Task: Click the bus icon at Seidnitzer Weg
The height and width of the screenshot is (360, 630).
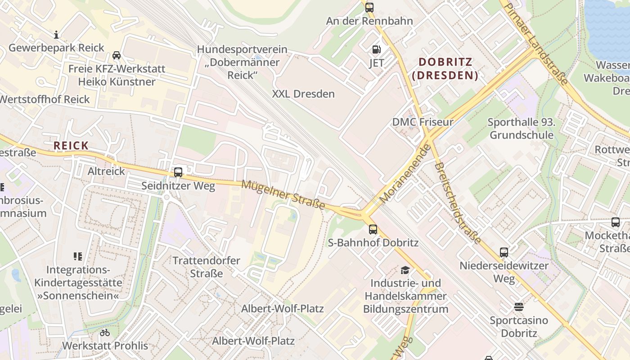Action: pyautogui.click(x=178, y=172)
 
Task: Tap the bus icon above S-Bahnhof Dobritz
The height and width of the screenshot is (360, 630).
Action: pyautogui.click(x=373, y=229)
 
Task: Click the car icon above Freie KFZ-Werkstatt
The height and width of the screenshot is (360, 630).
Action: pyautogui.click(x=117, y=55)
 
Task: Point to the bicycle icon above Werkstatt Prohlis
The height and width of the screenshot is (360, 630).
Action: pyautogui.click(x=105, y=333)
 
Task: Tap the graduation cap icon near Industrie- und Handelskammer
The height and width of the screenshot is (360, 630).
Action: pyautogui.click(x=405, y=270)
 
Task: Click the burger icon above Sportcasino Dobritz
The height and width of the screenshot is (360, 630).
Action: pyautogui.click(x=519, y=307)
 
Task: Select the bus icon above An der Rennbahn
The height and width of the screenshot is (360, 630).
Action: pyautogui.click(x=369, y=7)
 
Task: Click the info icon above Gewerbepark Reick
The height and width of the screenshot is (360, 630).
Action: pyautogui.click(x=56, y=35)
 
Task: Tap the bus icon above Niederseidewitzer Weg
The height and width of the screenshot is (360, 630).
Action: pyautogui.click(x=504, y=252)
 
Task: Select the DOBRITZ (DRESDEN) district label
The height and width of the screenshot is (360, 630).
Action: pyautogui.click(x=445, y=68)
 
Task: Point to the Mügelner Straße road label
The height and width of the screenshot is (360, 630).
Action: pyautogui.click(x=283, y=194)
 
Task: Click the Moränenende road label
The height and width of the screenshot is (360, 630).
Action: pyautogui.click(x=405, y=173)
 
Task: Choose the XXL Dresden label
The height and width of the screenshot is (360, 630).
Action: pyautogui.click(x=303, y=94)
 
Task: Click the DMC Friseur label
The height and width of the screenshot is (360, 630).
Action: pyautogui.click(x=423, y=122)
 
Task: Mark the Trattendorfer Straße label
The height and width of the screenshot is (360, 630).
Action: pyautogui.click(x=207, y=267)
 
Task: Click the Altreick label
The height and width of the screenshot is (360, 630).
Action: pyautogui.click(x=106, y=171)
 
